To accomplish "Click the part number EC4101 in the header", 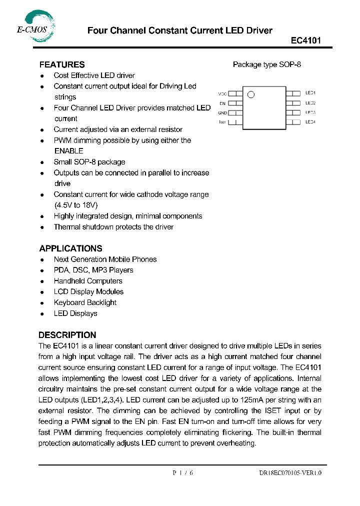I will point(306,41).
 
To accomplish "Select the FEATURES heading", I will point(62,64).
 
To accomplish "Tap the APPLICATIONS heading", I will point(70,248).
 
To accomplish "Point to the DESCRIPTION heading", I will point(67,335).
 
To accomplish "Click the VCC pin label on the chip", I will point(222,93).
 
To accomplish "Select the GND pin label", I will point(222,113).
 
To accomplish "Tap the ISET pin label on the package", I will point(222,122).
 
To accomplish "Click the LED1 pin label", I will point(310,93).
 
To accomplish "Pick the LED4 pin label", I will point(310,122).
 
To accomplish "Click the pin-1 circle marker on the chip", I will point(251,94).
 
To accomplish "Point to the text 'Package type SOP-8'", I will point(267,64).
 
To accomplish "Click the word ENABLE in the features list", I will point(68,151).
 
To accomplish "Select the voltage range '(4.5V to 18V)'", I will point(75,205).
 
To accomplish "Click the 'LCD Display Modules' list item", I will point(88,292).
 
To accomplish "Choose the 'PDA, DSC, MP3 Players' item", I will point(93,270).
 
